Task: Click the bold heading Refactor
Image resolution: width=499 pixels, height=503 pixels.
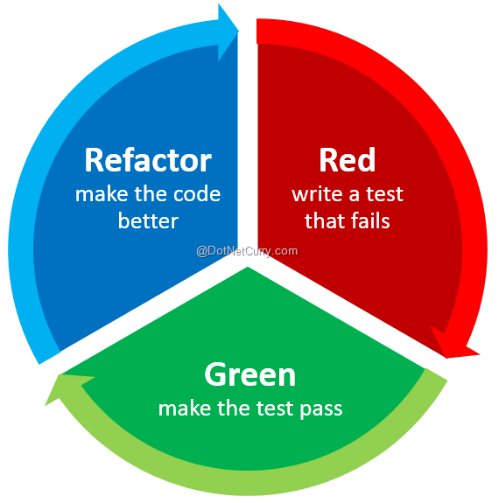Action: click(x=147, y=160)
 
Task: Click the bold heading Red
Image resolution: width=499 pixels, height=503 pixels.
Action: click(x=347, y=160)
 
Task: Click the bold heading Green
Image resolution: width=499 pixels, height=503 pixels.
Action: click(x=249, y=374)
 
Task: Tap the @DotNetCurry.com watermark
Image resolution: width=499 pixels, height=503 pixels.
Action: click(x=247, y=250)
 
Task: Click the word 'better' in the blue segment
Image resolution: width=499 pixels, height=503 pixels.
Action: click(x=148, y=220)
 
